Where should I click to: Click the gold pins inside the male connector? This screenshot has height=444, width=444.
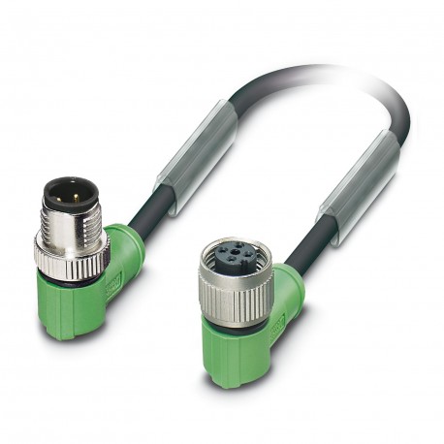(x=70, y=190)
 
